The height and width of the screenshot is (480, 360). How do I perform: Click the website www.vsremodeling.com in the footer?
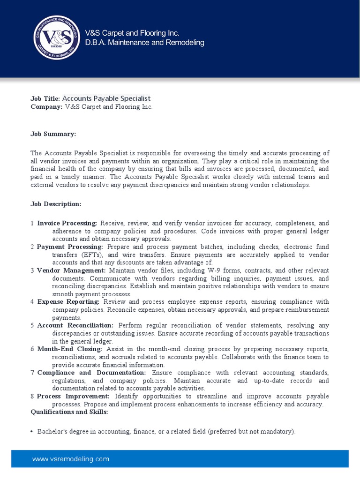[x=70, y=459]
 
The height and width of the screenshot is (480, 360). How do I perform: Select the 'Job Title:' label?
[x=45, y=98]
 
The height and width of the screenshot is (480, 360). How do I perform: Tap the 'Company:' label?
[x=46, y=107]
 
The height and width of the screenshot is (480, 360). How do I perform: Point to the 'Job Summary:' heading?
[x=53, y=134]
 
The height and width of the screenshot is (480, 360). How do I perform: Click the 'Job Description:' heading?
[x=56, y=204]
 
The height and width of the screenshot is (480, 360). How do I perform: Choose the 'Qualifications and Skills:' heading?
[x=69, y=412]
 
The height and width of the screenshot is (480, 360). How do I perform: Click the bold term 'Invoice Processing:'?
[x=67, y=224]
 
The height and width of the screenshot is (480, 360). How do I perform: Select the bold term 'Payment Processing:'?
[x=70, y=247]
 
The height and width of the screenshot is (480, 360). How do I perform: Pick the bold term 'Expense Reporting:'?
[x=68, y=302]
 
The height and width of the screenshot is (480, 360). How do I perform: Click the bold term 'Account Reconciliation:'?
[x=75, y=325]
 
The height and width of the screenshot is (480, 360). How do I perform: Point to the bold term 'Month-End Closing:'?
[x=69, y=349]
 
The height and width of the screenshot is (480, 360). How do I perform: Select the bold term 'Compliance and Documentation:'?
[x=91, y=373]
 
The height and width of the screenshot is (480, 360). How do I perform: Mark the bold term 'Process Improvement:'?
[x=73, y=397]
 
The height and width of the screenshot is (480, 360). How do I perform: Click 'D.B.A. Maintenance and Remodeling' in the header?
[x=144, y=43]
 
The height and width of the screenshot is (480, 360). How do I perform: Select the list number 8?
[x=32, y=397]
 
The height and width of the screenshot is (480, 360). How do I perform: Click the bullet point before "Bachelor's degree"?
[x=32, y=432]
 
